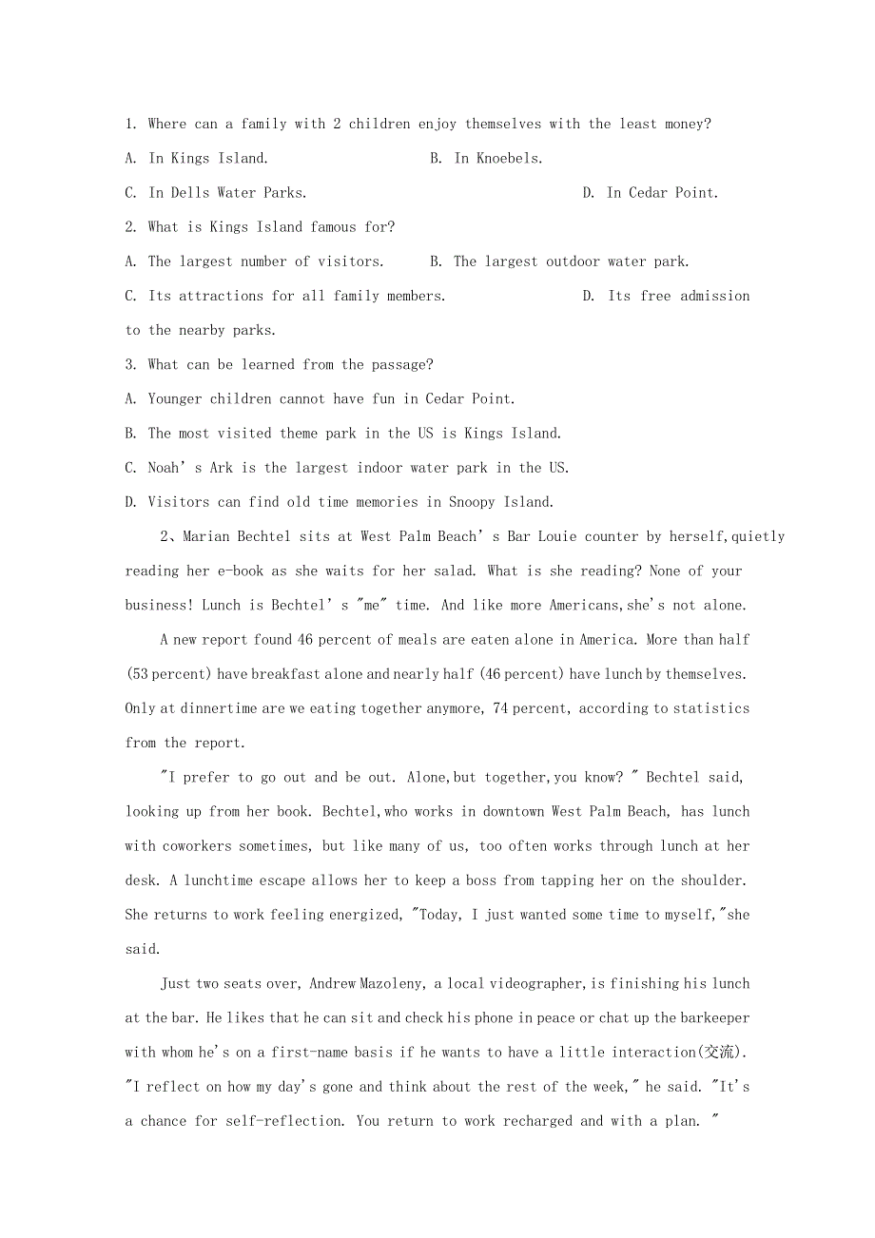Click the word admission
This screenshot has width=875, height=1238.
[x=714, y=296]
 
